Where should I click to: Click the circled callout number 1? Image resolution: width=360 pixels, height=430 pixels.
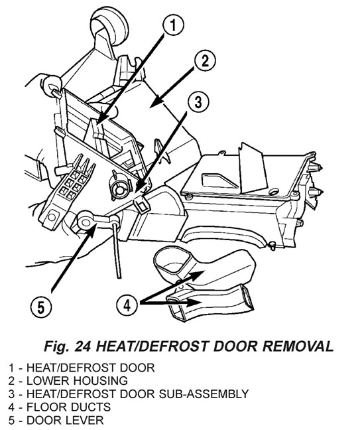click(x=173, y=25)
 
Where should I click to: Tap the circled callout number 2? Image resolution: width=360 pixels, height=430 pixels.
click(x=206, y=61)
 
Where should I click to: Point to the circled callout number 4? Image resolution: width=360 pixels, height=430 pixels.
click(x=127, y=305)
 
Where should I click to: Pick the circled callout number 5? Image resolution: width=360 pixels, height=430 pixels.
click(x=41, y=307)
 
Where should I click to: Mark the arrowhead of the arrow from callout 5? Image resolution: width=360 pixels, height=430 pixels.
click(x=93, y=228)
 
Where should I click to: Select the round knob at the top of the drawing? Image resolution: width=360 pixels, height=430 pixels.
click(x=110, y=27)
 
